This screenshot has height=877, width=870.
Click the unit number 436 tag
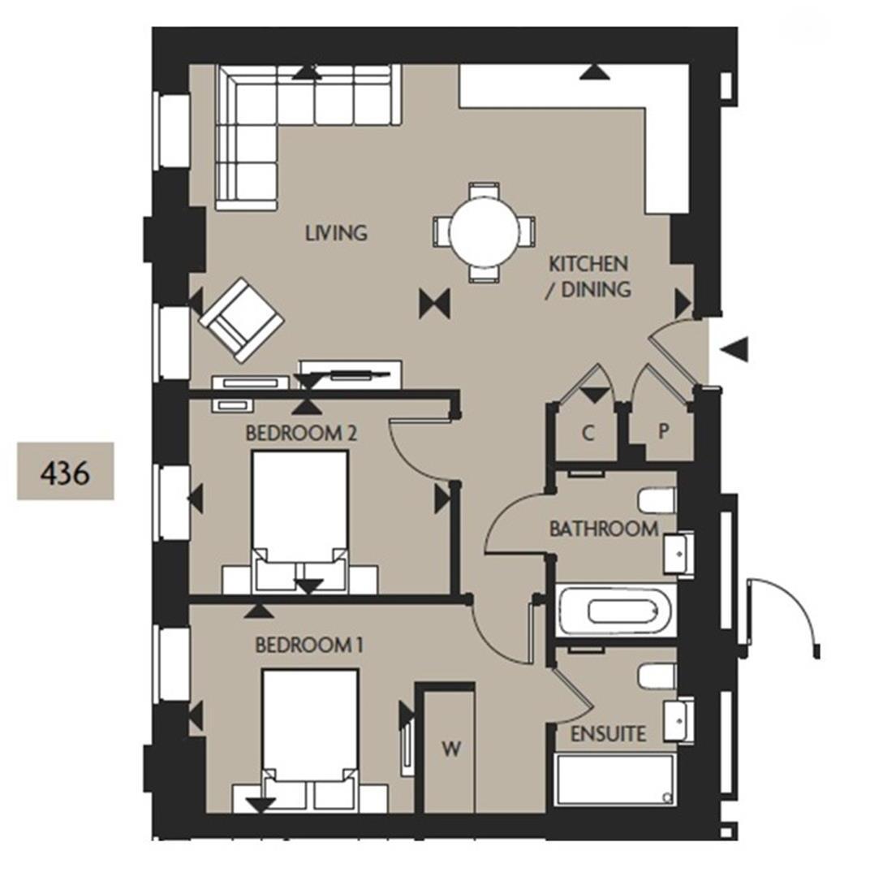(66, 471)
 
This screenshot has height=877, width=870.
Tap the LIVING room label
(336, 233)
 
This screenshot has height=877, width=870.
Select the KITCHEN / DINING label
(589, 276)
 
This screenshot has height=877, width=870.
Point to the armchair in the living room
(241, 319)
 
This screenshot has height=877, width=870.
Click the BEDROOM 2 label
(301, 434)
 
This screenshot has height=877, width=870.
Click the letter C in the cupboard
(588, 433)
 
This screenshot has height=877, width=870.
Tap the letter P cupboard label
(663, 433)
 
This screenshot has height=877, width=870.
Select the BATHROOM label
(604, 529)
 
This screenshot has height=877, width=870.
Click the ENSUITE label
(609, 735)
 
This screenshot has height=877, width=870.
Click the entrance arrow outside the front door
(735, 349)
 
